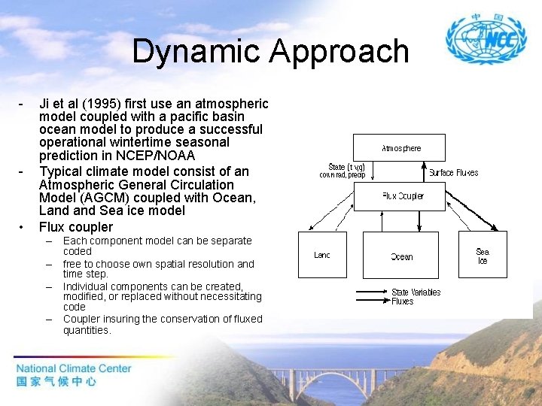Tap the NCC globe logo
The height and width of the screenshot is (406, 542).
[481, 38]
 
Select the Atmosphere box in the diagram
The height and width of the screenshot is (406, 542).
[401, 147]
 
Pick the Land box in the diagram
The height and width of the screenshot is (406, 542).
[322, 255]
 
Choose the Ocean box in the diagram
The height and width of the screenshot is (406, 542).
[402, 256]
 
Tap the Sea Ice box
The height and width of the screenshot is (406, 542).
[483, 256]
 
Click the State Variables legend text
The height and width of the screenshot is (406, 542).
[416, 292]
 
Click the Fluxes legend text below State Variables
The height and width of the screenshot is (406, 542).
[403, 301]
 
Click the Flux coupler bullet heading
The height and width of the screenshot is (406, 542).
[75, 227]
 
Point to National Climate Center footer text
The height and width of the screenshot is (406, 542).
[74, 368]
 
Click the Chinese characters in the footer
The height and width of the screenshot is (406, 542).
[56, 382]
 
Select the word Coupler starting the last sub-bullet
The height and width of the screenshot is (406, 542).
[83, 319]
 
